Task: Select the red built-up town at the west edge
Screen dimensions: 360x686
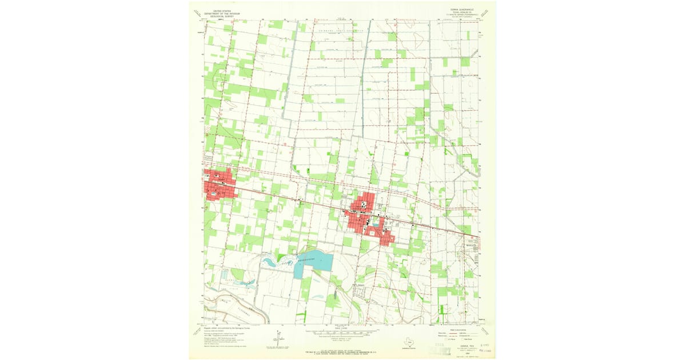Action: pos(219,184)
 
